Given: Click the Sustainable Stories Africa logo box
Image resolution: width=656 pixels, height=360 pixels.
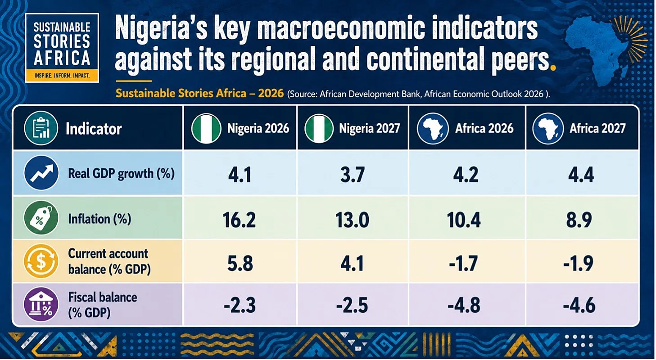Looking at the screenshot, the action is coord(62,48).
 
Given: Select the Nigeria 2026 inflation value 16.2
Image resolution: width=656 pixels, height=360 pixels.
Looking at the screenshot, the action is coord(239,220).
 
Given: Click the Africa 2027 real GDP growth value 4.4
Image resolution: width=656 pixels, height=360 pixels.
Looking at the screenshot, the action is coord(581,175).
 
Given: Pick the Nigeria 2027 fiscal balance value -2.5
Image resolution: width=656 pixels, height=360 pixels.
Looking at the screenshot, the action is coord(352,305).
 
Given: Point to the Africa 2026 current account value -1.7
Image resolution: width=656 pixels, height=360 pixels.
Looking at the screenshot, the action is coord(463,263).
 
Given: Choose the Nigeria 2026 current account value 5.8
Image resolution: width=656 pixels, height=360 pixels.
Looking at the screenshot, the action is coord(240,263).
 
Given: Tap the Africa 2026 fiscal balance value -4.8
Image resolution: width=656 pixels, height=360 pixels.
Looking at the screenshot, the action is coord(464,305).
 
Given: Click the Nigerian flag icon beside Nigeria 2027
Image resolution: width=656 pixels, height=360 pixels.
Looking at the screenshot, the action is coord(319,129).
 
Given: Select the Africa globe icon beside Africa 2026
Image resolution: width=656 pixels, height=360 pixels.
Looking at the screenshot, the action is coord(433,129).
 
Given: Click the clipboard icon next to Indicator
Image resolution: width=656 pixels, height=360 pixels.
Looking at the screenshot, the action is coord(41,128).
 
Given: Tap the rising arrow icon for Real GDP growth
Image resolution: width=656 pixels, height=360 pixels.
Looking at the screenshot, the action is coord(41,173).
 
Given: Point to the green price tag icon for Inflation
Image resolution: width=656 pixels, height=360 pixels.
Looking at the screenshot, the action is coord(41,218).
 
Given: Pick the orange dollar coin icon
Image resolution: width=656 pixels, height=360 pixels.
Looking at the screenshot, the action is coord(41,261).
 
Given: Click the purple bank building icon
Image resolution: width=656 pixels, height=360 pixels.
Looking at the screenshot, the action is coord(41,304).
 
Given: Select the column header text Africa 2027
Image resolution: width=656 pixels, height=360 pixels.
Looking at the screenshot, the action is coord(597,129).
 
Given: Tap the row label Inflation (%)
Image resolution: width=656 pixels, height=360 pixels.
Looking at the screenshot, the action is coord(100,219).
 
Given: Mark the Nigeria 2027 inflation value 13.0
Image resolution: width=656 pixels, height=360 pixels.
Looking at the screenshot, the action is coord(352,220).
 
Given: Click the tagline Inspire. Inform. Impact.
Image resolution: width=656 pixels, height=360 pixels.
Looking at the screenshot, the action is coord(62,76).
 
